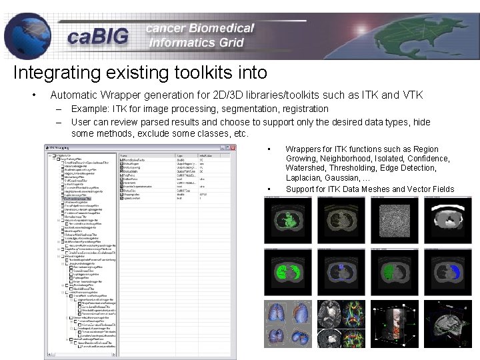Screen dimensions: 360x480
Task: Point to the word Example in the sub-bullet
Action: coord(89,108)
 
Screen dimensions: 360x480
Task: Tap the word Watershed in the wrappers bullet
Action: coord(307,169)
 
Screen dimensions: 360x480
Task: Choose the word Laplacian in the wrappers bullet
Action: coord(306,179)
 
